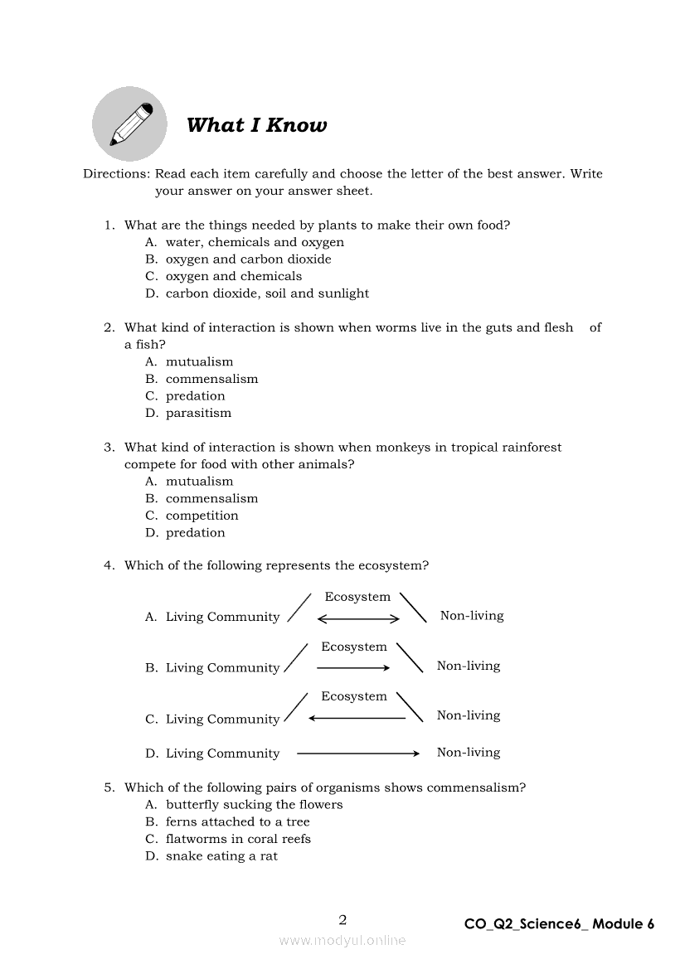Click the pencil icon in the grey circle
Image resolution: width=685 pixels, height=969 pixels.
click(129, 124)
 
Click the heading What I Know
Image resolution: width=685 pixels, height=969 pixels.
click(256, 125)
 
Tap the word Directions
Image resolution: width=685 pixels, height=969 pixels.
click(115, 174)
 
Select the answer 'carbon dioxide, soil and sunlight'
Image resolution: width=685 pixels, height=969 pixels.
click(267, 293)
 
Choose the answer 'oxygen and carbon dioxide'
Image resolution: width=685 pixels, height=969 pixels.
click(248, 259)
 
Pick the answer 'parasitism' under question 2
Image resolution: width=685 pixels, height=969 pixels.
click(198, 413)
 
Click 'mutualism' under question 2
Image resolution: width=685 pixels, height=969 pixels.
click(199, 362)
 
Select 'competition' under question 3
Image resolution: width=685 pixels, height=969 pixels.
click(202, 516)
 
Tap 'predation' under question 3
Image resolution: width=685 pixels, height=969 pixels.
click(195, 533)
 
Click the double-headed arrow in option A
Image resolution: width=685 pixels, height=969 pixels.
click(358, 618)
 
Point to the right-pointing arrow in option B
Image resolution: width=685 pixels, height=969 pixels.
click(353, 667)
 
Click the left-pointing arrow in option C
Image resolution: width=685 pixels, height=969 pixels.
click(357, 718)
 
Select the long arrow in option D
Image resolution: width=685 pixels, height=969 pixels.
click(358, 753)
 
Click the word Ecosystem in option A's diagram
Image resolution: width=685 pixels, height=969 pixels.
click(357, 597)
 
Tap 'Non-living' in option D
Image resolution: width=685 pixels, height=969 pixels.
click(469, 753)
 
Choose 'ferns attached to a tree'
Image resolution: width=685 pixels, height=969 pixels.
click(237, 822)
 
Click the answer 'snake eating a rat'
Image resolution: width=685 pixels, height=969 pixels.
click(221, 856)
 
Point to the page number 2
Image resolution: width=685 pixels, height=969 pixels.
click(342, 919)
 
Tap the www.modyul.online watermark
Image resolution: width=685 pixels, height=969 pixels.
click(342, 940)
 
